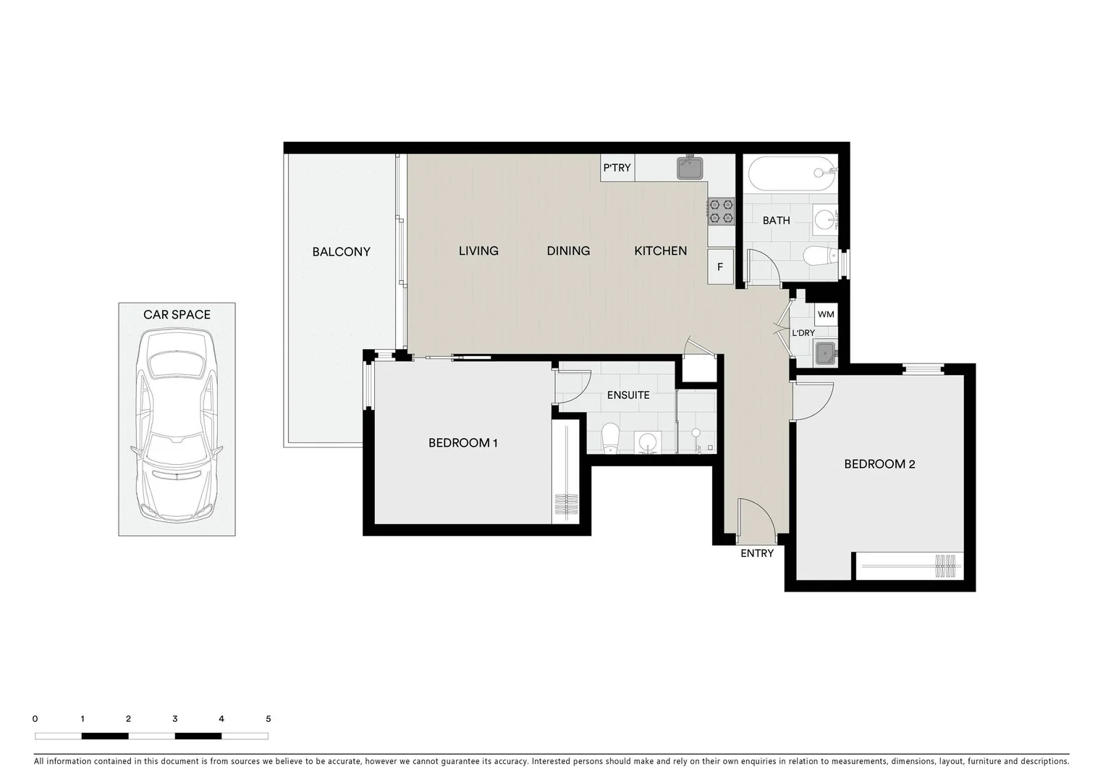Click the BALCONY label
coord(341,252)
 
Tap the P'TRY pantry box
coord(617,168)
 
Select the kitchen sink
coord(690,168)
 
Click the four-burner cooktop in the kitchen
coord(721,211)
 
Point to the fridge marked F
coord(720,266)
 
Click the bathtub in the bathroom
coord(790,173)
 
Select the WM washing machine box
coord(826,314)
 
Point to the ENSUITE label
coord(628,395)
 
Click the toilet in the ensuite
coord(610,437)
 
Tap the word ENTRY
coord(757,554)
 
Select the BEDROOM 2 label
coord(879,464)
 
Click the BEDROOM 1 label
coord(462,443)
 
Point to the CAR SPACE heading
coord(177,314)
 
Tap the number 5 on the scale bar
coord(269,719)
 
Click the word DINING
coord(568,251)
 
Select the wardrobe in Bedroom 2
coord(909,566)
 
